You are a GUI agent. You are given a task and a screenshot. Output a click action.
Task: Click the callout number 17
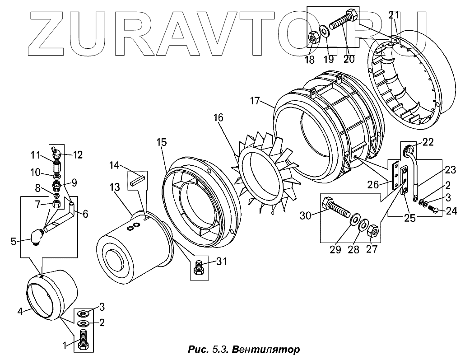click(x=255, y=101)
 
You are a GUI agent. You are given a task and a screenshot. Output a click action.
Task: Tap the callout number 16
click(x=219, y=118)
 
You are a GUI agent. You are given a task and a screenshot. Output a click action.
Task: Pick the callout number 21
click(x=394, y=15)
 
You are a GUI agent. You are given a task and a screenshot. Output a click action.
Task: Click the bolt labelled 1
click(x=83, y=340)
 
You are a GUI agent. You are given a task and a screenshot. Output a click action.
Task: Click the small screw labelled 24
click(x=434, y=209)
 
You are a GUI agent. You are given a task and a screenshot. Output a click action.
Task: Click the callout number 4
click(x=20, y=311)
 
